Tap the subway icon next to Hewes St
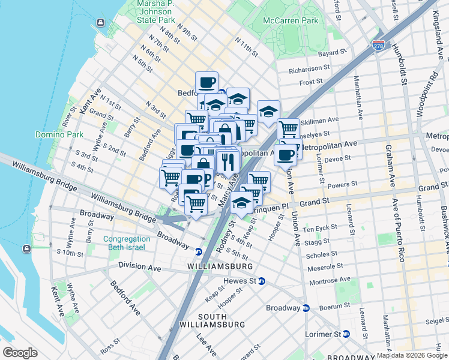(262, 281)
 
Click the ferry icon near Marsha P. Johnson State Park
(100, 23)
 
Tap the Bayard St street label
(333, 53)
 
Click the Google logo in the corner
(20, 353)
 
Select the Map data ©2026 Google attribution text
(412, 355)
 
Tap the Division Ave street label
(140, 265)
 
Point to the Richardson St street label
(310, 70)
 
